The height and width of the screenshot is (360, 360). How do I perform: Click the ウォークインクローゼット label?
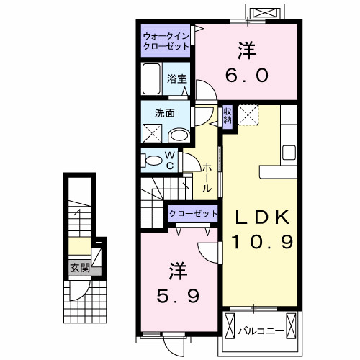click(166, 40)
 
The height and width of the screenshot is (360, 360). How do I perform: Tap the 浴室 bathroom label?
click(177, 79)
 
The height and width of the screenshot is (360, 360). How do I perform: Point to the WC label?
click(170, 159)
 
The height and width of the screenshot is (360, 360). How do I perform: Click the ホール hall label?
click(207, 177)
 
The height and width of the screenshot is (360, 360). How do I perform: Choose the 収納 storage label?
click(227, 115)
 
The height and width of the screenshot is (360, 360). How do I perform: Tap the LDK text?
click(260, 216)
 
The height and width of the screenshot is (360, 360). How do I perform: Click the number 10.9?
click(261, 243)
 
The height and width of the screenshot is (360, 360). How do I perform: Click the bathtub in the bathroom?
click(152, 77)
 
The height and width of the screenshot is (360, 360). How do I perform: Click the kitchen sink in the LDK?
click(289, 152)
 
